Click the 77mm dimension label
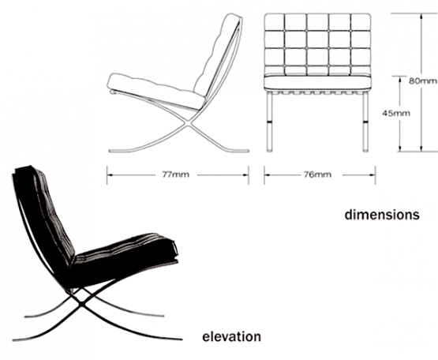176,174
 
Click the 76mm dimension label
317,174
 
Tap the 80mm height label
423,81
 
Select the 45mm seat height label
396,113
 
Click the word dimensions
382,215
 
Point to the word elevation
231,336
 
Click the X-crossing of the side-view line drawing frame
189,122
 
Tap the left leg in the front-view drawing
269,122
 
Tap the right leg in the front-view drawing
365,122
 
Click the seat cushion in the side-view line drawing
155,90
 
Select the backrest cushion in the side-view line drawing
218,54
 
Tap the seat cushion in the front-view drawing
318,82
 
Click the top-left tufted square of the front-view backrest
275,22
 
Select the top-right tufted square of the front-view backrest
361,22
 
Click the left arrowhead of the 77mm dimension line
110,175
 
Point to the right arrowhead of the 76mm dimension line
372,175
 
